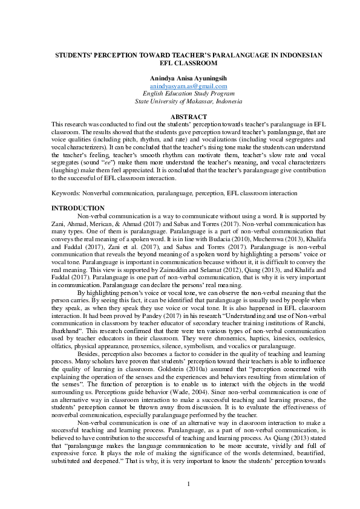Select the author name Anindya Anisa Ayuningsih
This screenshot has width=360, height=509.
pos(180,79)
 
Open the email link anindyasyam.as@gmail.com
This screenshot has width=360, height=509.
pos(180,86)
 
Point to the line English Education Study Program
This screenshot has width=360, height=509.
pos(180,94)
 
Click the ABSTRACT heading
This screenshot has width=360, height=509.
pos(180,116)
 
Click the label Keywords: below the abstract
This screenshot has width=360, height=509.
pos(65,193)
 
